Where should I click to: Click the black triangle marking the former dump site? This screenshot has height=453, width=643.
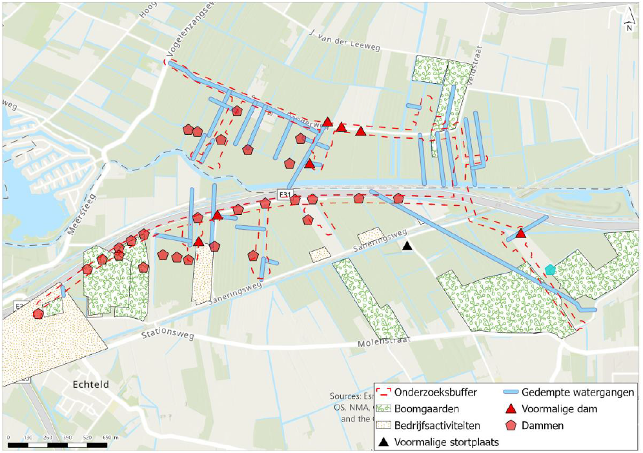pyautogui.click(x=407, y=246)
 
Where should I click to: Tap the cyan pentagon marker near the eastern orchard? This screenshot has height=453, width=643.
pyautogui.click(x=549, y=269)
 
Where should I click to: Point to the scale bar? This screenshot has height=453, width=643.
pyautogui.click(x=57, y=445)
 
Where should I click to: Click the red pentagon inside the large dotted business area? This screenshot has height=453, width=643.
pyautogui.click(x=38, y=314)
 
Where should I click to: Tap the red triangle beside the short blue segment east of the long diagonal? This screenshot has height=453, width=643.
pyautogui.click(x=521, y=234)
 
